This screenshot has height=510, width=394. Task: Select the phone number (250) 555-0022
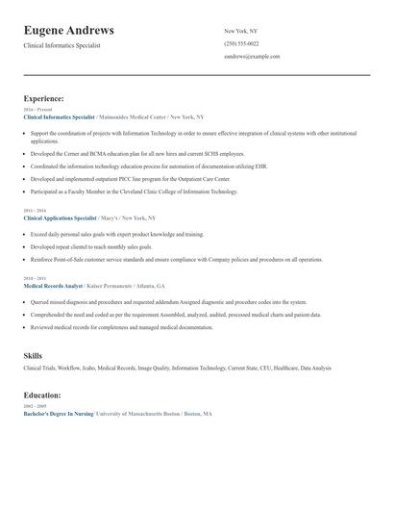pos(240,43)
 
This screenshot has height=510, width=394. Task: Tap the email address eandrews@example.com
pos(252,57)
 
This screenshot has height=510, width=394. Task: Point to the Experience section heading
pos(44,98)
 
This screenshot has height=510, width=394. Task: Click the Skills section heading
pos(33,356)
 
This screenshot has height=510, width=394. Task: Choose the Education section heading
pos(42,395)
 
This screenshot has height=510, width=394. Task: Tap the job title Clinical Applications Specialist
pos(61,218)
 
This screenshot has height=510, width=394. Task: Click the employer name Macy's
pos(109,218)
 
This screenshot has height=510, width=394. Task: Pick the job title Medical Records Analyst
pos(55,287)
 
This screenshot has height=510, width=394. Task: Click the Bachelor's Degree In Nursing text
pos(59,414)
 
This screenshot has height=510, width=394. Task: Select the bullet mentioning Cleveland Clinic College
pos(134,191)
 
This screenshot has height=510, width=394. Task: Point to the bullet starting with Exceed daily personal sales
pos(116,234)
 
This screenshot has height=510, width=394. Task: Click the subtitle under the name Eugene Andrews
pos(62,45)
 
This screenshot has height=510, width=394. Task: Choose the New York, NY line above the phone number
pos(241,31)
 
